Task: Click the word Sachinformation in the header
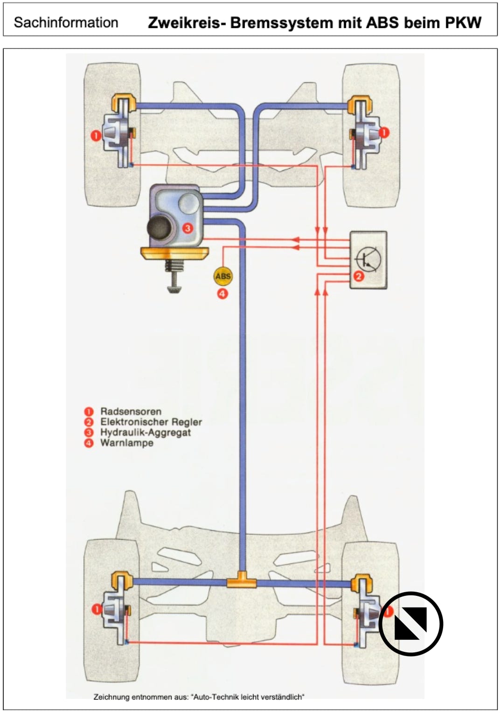66,22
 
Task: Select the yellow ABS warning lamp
222,276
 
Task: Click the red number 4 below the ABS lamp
222,294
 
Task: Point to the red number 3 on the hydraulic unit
187,228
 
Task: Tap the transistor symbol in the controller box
368,259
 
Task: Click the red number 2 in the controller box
359,276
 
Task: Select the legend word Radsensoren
131,411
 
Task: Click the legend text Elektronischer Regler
151,422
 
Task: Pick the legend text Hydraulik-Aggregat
146,432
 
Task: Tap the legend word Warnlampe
126,443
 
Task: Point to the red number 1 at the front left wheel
96,136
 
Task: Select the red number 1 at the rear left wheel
96,609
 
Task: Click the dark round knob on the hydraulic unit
160,227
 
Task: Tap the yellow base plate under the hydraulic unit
174,253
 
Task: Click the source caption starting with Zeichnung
199,697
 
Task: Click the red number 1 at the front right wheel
384,132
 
